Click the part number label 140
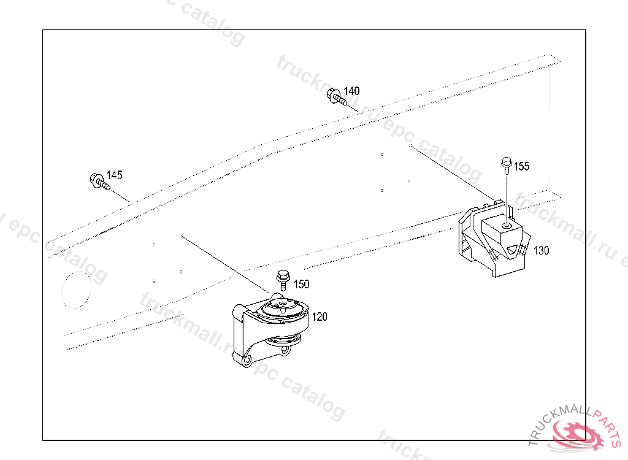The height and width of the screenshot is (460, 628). click(x=351, y=91)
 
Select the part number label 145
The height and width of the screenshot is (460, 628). click(x=114, y=175)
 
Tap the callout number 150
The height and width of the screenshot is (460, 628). click(x=301, y=284)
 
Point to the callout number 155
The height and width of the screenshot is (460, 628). click(x=521, y=166)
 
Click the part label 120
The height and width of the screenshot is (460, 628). click(x=320, y=317)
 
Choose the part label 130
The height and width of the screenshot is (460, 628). click(x=541, y=250)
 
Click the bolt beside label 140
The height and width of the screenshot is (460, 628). click(x=335, y=98)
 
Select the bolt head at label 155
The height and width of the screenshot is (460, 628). click(x=506, y=163)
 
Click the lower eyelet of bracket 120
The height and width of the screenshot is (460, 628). click(x=246, y=362)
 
